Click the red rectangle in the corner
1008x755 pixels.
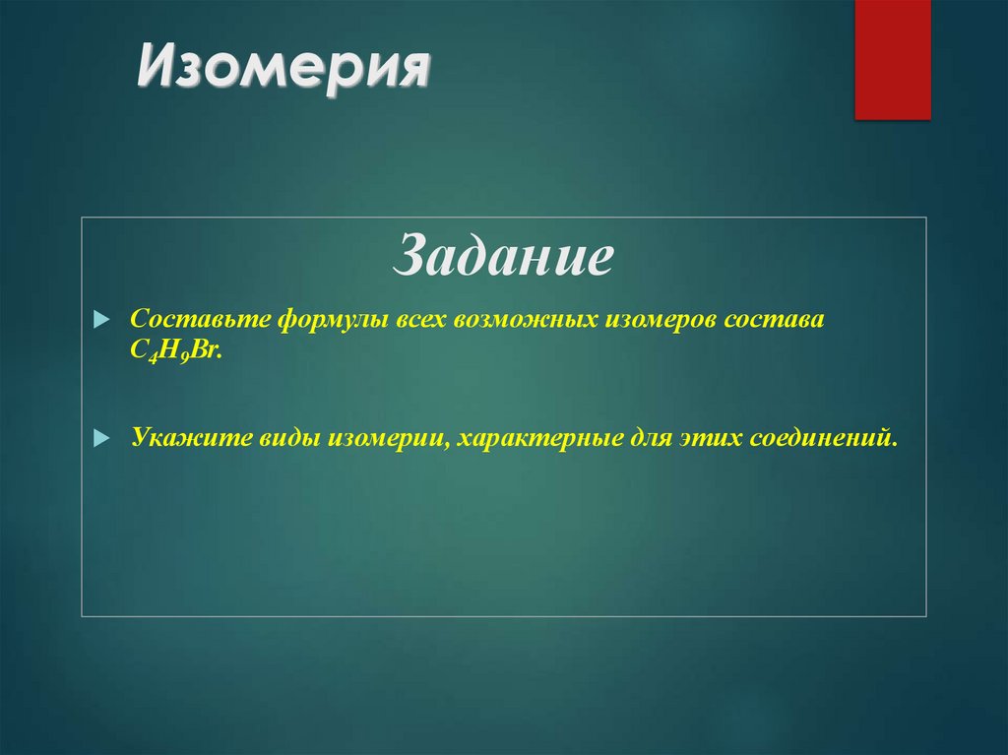tap(892, 59)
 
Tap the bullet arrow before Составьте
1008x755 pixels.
tap(99, 322)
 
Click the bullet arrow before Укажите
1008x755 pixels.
tap(99, 436)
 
